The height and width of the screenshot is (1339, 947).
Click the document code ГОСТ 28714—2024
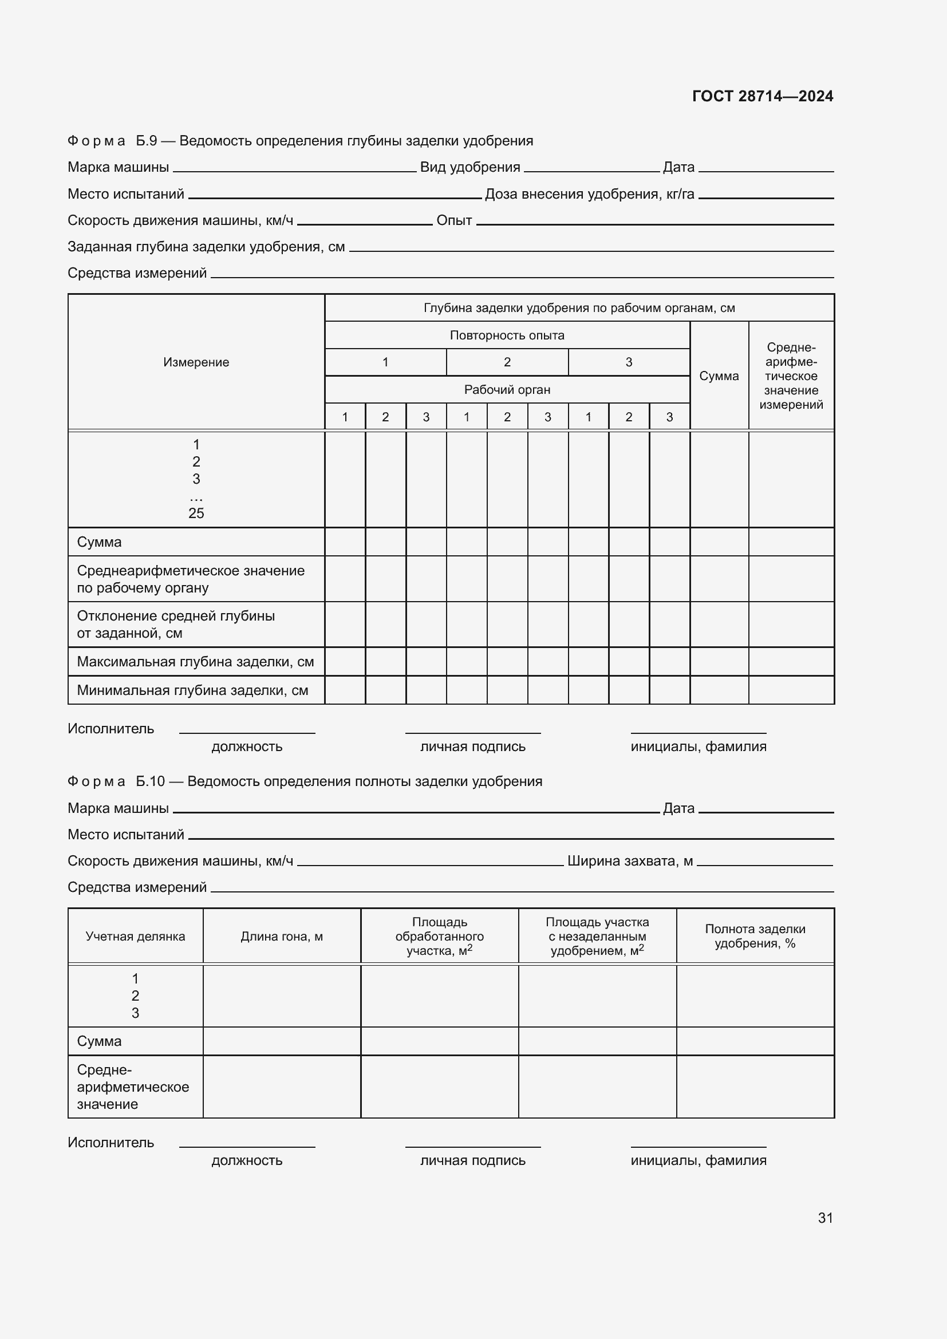762,96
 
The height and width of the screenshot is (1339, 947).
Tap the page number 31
825,1218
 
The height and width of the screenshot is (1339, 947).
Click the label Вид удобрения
469,167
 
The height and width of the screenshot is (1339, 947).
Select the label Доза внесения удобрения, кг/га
589,194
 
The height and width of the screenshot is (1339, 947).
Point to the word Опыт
453,220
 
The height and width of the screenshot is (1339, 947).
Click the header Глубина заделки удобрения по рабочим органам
578,308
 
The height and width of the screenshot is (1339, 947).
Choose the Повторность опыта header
507,335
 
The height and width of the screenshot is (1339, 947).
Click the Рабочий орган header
507,390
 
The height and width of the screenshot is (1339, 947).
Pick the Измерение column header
196,362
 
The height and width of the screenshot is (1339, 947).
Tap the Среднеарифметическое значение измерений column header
791,376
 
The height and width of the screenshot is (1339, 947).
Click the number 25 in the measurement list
196,513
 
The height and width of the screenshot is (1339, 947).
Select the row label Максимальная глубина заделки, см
195,662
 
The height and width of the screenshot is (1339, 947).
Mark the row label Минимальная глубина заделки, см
192,690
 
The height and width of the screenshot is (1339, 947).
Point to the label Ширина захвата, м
630,861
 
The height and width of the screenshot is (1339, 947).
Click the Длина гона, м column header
282,937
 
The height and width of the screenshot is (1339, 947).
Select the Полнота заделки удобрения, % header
755,936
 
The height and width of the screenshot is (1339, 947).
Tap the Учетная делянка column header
135,937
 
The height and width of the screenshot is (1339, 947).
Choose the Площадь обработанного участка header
439,936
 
